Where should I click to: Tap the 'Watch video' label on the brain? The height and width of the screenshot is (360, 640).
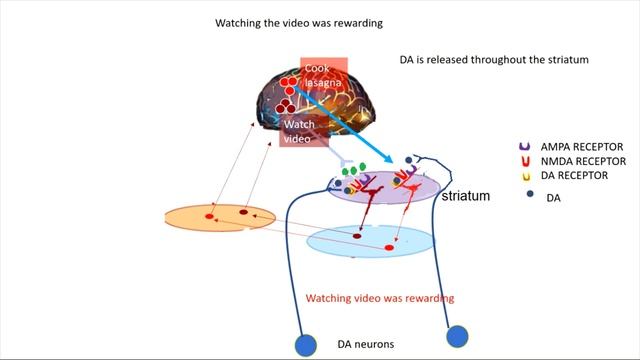coord(300,131)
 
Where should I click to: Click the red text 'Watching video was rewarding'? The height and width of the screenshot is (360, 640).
coord(379,298)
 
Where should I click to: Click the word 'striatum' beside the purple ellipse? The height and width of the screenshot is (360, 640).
coord(466,196)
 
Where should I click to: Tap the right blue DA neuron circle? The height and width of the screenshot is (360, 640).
coord(458,336)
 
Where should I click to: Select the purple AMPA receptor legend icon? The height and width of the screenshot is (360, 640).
coord(524,146)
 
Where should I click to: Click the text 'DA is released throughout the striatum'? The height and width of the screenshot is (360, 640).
coord(487,60)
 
